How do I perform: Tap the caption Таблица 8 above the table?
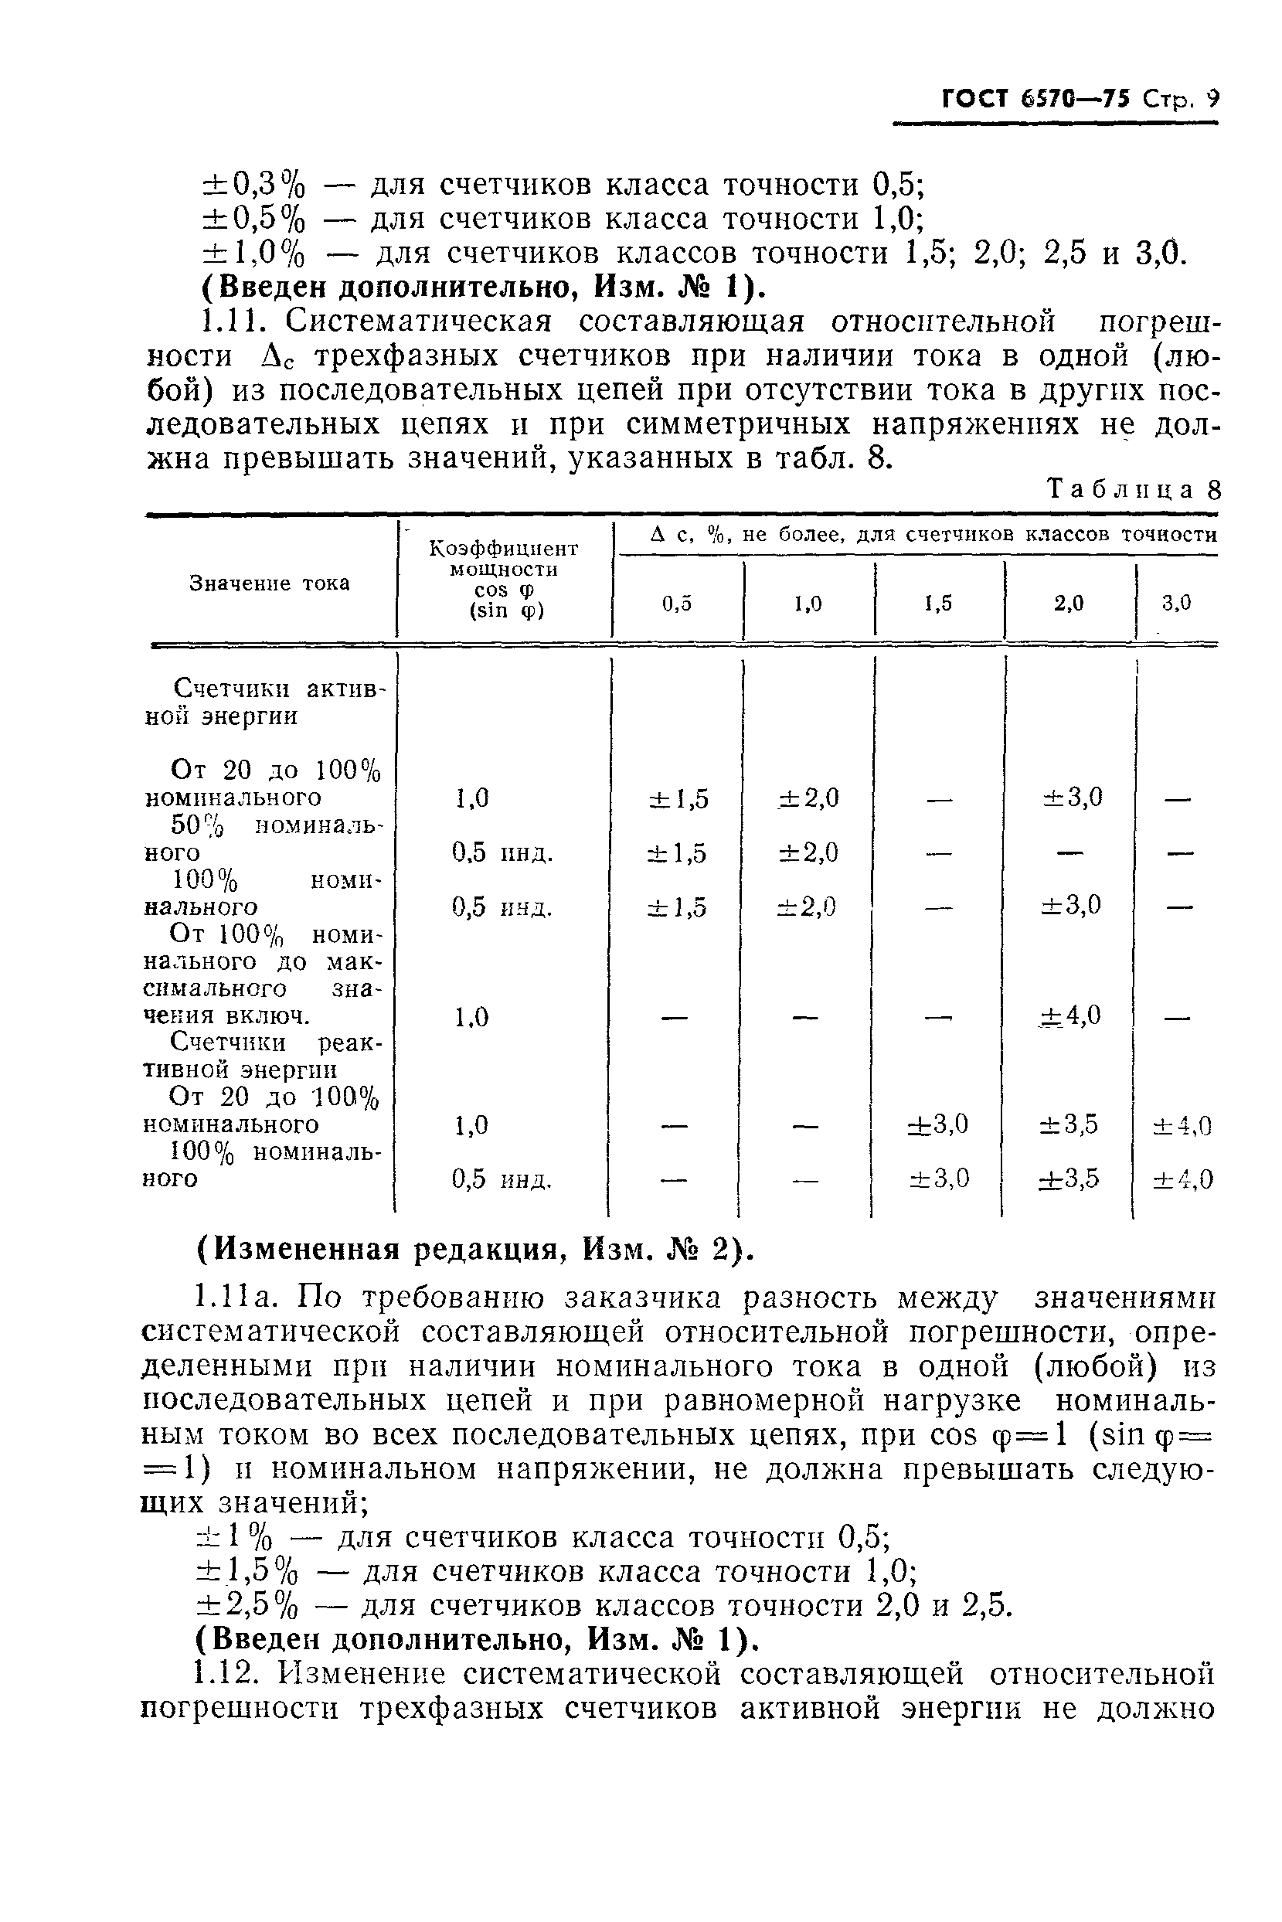click(x=1134, y=490)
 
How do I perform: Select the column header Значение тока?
click(x=269, y=583)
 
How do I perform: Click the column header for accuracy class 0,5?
click(x=677, y=604)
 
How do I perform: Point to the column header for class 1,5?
click(x=939, y=604)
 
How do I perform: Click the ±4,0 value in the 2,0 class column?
click(x=1070, y=1015)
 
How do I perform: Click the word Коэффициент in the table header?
click(x=504, y=548)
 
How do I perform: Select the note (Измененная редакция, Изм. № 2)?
click(x=474, y=1249)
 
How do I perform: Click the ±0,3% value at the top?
click(x=253, y=185)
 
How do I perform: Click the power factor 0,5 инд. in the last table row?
click(x=502, y=1179)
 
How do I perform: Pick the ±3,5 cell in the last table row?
click(x=1069, y=1178)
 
